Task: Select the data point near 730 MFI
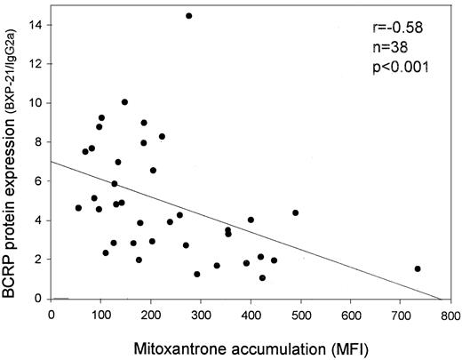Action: coord(418,268)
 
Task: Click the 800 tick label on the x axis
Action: coord(450,314)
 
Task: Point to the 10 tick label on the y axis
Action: coord(36,102)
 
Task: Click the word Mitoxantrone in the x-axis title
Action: coord(178,343)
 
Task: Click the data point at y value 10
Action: coord(124,102)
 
